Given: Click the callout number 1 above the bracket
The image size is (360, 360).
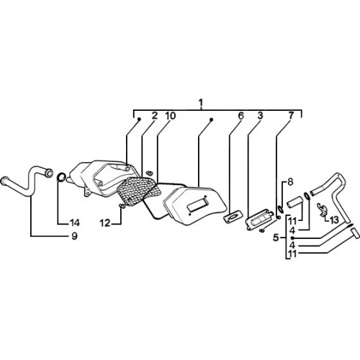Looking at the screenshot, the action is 201,102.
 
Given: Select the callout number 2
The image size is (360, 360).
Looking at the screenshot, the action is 154,116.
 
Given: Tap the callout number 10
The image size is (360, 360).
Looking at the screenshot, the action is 170,116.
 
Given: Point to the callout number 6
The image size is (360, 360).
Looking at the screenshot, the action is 240,116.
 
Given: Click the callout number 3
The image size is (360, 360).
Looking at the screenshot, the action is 260,116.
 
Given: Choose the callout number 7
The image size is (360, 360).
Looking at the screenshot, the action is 291,116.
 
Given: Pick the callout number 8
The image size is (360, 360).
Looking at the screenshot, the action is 290,182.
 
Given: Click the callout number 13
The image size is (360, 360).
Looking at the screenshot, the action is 333,220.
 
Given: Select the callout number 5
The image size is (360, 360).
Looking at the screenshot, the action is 276,238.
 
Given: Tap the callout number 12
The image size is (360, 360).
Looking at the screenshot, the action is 105,223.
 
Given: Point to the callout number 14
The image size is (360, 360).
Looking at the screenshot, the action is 75,222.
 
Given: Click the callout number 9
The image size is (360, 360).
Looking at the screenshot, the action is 74,236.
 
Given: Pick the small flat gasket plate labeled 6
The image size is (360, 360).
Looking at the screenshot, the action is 232,216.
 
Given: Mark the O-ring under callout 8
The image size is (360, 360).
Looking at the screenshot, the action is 281,210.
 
